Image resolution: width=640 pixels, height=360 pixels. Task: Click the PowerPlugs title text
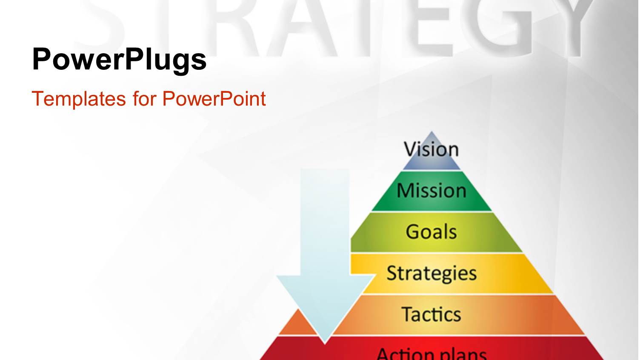[119, 60]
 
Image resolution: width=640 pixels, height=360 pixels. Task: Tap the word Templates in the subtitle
[79, 99]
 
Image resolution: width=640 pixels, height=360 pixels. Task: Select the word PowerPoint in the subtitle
[214, 99]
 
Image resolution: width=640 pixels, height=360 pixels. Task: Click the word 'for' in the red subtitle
[144, 99]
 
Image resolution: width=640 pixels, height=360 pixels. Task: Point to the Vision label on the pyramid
[431, 150]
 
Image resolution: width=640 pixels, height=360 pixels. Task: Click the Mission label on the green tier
[431, 191]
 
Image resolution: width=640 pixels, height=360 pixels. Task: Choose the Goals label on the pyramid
[431, 232]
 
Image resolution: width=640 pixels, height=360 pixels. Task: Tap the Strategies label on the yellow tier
[431, 273]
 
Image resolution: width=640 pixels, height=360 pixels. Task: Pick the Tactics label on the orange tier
[431, 314]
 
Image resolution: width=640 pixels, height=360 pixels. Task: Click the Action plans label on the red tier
[431, 353]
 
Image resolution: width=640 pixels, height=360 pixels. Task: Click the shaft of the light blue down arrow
[325, 221]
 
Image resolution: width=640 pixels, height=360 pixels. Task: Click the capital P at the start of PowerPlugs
[42, 59]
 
